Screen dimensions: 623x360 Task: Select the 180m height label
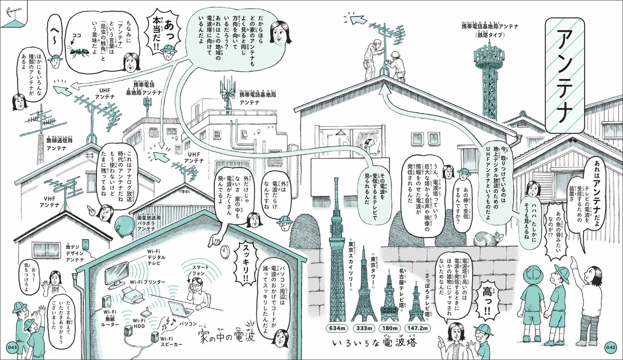[x=390, y=328]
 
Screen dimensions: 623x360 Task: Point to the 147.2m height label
[x=417, y=328]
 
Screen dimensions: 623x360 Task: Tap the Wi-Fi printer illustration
[x=134, y=294]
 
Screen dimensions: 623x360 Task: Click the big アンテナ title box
[x=565, y=75]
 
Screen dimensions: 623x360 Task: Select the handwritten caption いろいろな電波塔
[x=374, y=343]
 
